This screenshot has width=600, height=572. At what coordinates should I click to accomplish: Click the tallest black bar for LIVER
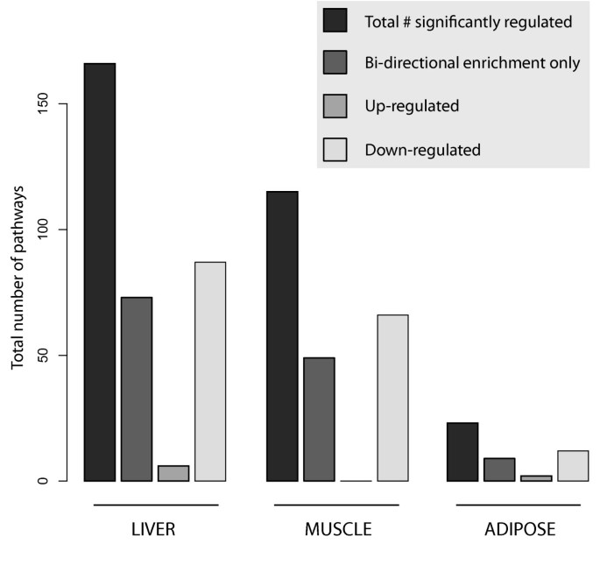click(x=100, y=272)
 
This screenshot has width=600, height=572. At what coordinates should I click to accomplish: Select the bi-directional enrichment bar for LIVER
click(x=137, y=389)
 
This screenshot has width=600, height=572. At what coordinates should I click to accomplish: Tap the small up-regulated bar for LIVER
click(x=173, y=473)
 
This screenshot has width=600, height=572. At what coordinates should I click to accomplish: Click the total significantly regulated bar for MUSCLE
click(x=282, y=336)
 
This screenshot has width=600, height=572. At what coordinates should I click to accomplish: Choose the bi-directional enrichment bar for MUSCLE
click(x=319, y=419)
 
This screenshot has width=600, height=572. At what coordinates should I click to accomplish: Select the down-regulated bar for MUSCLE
click(x=392, y=398)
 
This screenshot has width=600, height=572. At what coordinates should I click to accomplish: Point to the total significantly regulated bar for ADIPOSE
click(x=462, y=452)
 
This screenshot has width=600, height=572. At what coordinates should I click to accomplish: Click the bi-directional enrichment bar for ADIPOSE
click(x=499, y=470)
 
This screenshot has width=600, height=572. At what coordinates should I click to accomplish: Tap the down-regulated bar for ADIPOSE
click(x=573, y=466)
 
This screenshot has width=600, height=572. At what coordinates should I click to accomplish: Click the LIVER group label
click(x=155, y=530)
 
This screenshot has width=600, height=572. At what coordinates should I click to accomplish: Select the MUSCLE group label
click(x=336, y=530)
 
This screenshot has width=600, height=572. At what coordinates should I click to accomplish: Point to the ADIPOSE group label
click(x=518, y=530)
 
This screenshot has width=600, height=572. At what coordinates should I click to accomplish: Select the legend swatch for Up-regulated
click(x=335, y=106)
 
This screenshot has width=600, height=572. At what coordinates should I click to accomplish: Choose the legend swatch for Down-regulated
click(x=335, y=149)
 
